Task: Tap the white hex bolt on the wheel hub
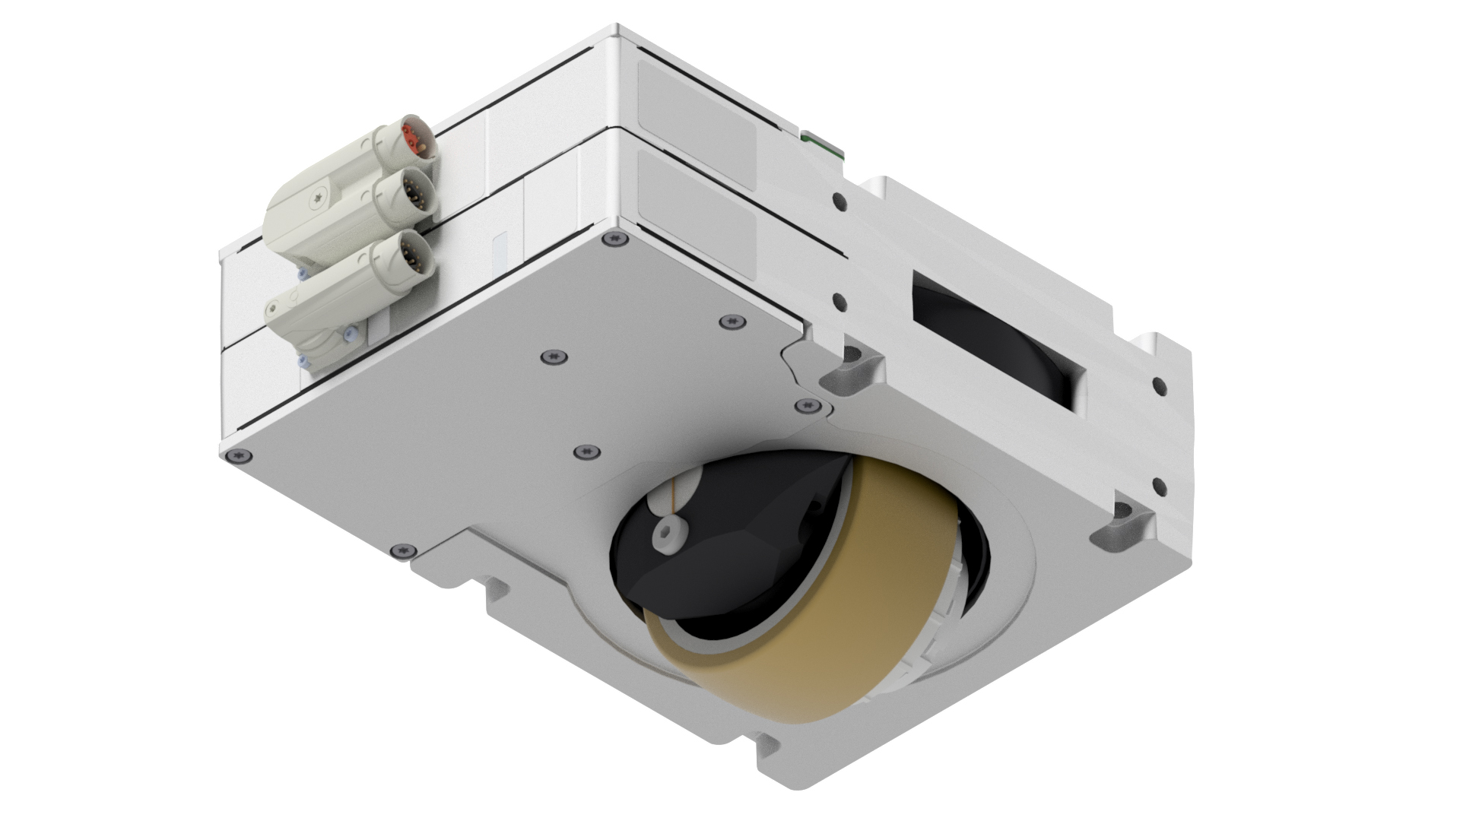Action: pyautogui.click(x=667, y=534)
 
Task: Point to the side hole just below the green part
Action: pyautogui.click(x=839, y=201)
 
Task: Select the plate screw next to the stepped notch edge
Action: pyautogui.click(x=404, y=550)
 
